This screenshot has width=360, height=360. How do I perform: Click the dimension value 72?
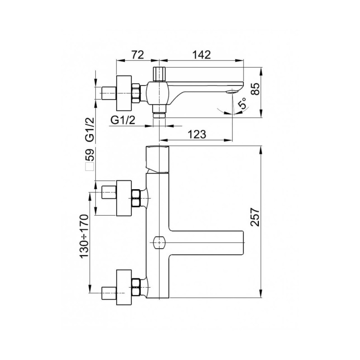[138, 54]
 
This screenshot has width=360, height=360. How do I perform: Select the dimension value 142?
[201, 54]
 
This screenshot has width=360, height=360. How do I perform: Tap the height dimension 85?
[255, 89]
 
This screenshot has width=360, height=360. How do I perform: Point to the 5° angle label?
[242, 102]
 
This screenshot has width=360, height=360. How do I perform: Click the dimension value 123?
[197, 134]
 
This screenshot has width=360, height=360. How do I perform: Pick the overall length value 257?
[255, 217]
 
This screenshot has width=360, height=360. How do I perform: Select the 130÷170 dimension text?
[84, 236]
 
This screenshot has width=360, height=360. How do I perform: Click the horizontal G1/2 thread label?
[123, 120]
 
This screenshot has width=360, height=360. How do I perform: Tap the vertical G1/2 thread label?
[90, 130]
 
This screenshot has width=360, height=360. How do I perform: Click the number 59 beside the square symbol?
[90, 155]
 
